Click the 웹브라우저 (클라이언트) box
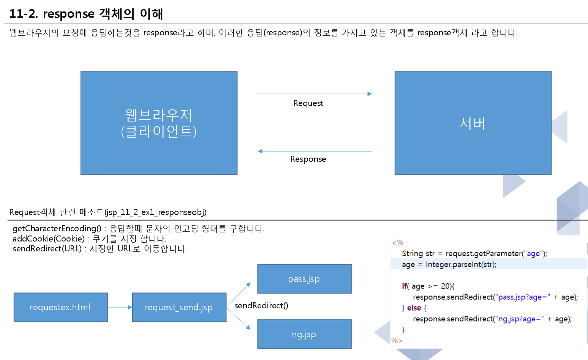(159, 123)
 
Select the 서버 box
(473, 123)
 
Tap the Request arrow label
(308, 103)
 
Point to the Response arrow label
(308, 159)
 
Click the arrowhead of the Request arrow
(370, 94)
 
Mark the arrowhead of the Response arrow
(260, 151)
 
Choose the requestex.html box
(61, 307)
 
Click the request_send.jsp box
(179, 307)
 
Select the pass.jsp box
(304, 279)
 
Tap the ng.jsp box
(304, 334)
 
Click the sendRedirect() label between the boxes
(261, 306)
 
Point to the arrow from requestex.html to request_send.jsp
(120, 307)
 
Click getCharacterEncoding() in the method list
(57, 229)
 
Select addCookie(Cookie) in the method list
(49, 239)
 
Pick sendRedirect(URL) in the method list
(47, 249)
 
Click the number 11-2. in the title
(24, 14)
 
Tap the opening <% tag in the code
(397, 243)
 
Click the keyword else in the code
(414, 308)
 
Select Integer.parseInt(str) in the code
(460, 265)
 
